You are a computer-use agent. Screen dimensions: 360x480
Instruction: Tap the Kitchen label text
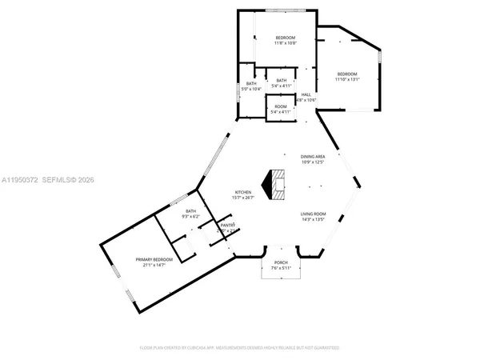243,193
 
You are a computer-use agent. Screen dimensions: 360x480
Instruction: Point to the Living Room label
313,214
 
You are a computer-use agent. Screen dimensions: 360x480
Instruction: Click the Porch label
281,263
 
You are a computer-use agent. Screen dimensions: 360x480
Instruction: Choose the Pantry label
227,226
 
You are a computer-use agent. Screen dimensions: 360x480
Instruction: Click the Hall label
306,95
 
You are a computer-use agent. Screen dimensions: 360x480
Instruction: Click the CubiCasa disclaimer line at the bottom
239,348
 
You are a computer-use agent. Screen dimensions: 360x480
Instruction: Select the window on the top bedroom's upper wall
286,10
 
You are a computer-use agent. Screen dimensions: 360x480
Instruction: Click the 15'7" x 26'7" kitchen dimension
243,198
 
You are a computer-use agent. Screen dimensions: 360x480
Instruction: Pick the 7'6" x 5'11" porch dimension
281,268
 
